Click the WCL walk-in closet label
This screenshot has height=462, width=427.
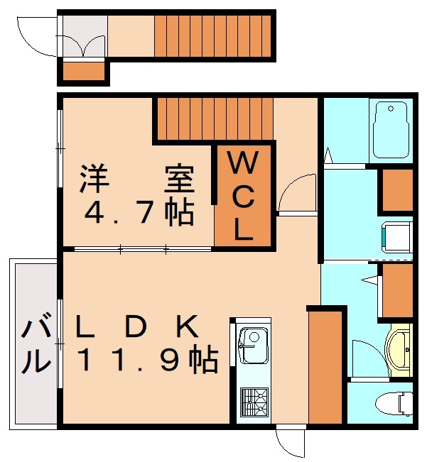point(243,198)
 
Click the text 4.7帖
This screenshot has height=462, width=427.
point(138,212)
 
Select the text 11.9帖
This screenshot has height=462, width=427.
point(146,361)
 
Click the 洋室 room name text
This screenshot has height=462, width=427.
point(136,178)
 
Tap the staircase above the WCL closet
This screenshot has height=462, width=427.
point(214,119)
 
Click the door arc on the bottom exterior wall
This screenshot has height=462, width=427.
point(290,443)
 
